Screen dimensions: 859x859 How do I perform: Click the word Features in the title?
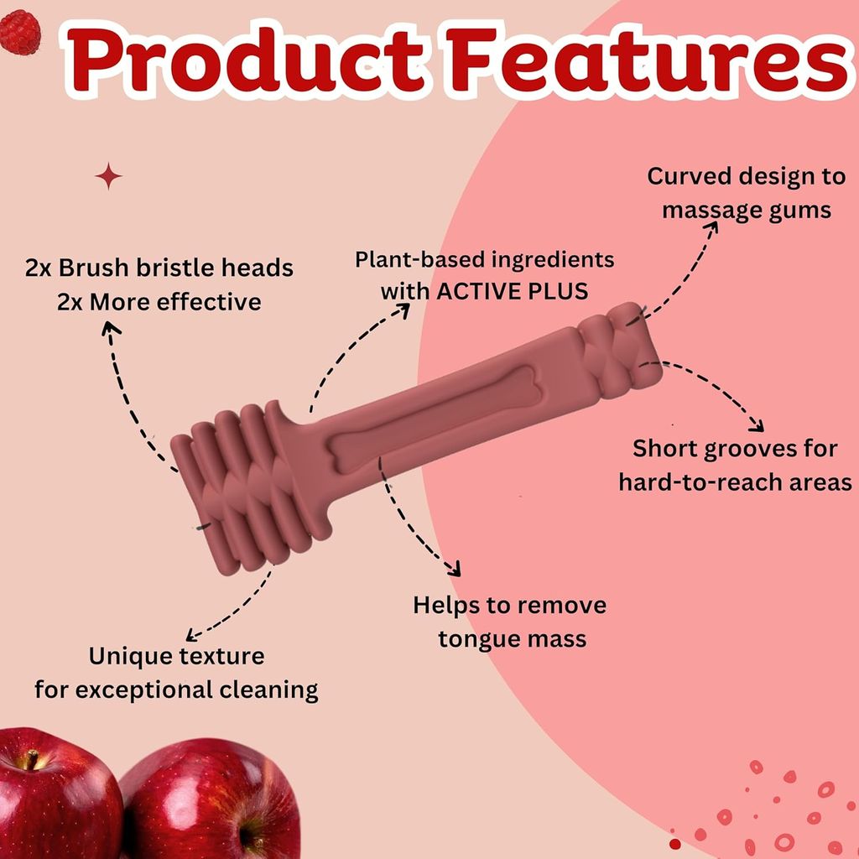pos(648,60)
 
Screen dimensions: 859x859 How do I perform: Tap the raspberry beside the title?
pos(20,33)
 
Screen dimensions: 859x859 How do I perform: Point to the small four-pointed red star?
pos(108,176)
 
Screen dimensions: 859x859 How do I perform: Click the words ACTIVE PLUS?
pos(513,291)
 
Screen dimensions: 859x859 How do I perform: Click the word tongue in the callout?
pos(471,639)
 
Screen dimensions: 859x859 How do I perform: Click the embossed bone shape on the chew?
pos(435,418)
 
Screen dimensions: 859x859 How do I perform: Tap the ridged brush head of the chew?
pos(249,489)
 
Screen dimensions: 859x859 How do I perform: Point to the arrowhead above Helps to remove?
pos(455,570)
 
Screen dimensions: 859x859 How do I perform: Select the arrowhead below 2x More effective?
pos(111,328)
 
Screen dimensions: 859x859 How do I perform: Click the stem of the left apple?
pos(32,758)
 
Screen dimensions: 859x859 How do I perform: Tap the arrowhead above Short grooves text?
pos(757,425)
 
